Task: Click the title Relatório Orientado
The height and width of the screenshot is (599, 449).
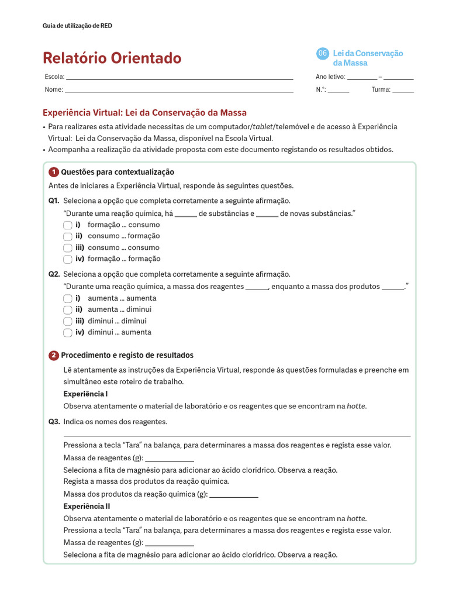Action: coord(112,58)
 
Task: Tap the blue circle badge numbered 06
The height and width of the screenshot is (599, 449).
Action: coord(322,54)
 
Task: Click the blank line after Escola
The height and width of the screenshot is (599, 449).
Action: coord(179,77)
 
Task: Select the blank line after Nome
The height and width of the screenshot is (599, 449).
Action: coord(178,90)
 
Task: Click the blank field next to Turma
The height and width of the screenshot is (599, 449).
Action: coord(403,90)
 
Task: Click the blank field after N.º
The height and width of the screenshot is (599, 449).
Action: coord(339,90)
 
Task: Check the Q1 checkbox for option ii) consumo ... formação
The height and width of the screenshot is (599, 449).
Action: coord(68,236)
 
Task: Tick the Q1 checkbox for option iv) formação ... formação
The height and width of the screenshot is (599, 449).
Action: coord(68,259)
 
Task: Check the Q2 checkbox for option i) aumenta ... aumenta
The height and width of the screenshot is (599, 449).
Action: coord(68,298)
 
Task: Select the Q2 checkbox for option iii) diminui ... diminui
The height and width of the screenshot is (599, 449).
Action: coord(68,321)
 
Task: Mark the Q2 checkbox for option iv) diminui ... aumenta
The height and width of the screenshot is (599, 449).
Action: coord(68,332)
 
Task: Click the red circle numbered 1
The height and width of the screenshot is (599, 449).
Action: coord(54,172)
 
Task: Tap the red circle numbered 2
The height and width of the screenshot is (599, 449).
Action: coord(54,356)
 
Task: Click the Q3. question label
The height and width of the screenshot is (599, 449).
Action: coord(54,422)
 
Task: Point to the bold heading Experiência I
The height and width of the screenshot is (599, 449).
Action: coord(85,394)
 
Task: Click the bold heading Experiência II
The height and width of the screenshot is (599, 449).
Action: coord(87,507)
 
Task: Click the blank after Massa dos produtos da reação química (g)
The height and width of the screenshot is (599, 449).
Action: coord(233,494)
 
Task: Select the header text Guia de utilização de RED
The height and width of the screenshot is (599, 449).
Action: coord(78,26)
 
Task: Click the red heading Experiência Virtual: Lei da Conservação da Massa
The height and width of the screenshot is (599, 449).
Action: coord(144,112)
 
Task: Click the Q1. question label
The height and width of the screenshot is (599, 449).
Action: coord(54,201)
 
